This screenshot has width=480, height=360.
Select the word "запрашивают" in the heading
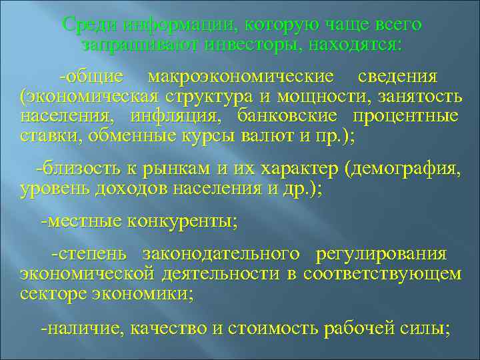click(x=127, y=45)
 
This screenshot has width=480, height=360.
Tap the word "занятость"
click(x=421, y=97)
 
